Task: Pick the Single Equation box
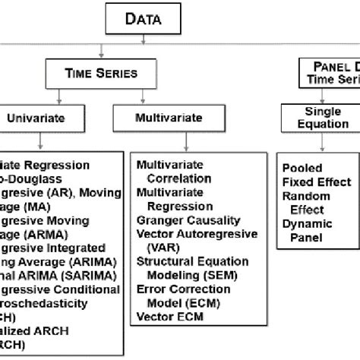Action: point(322,118)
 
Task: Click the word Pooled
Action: point(303,167)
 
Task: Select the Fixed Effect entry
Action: point(316,182)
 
